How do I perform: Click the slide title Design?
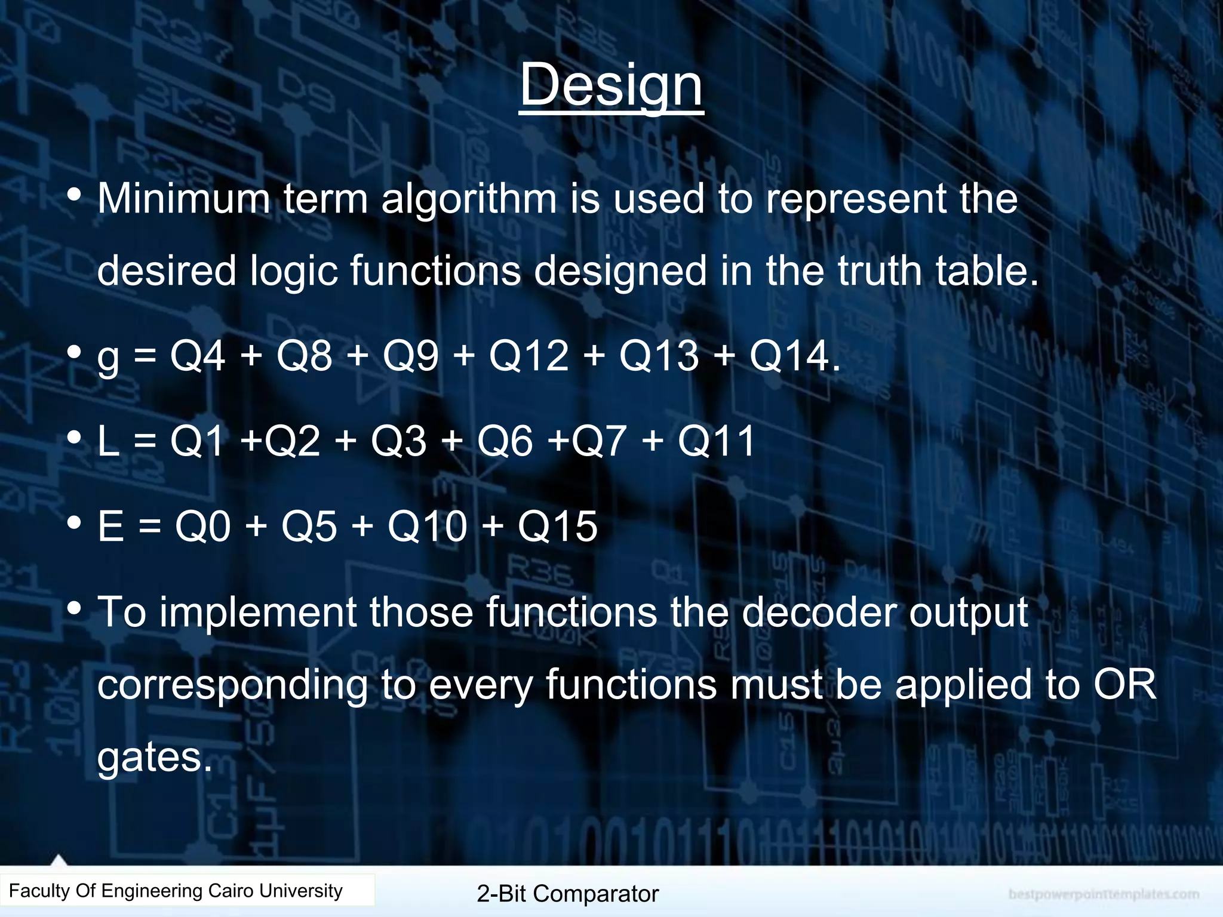(x=611, y=85)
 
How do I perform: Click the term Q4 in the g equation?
(x=198, y=356)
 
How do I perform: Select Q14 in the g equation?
(x=790, y=356)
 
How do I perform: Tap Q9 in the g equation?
(x=410, y=356)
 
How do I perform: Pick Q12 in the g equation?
(x=528, y=356)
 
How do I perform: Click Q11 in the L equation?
(x=716, y=441)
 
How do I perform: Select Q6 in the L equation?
(x=505, y=441)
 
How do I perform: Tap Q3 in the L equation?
(x=398, y=441)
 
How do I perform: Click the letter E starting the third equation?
(x=110, y=527)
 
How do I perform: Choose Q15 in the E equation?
(x=557, y=527)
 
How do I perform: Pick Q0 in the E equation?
(x=202, y=527)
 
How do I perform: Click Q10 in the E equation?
(x=427, y=527)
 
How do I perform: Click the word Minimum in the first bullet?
(x=183, y=198)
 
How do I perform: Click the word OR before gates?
(x=1124, y=684)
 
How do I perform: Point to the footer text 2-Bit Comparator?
(x=567, y=894)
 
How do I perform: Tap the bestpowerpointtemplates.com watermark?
(x=1104, y=894)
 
